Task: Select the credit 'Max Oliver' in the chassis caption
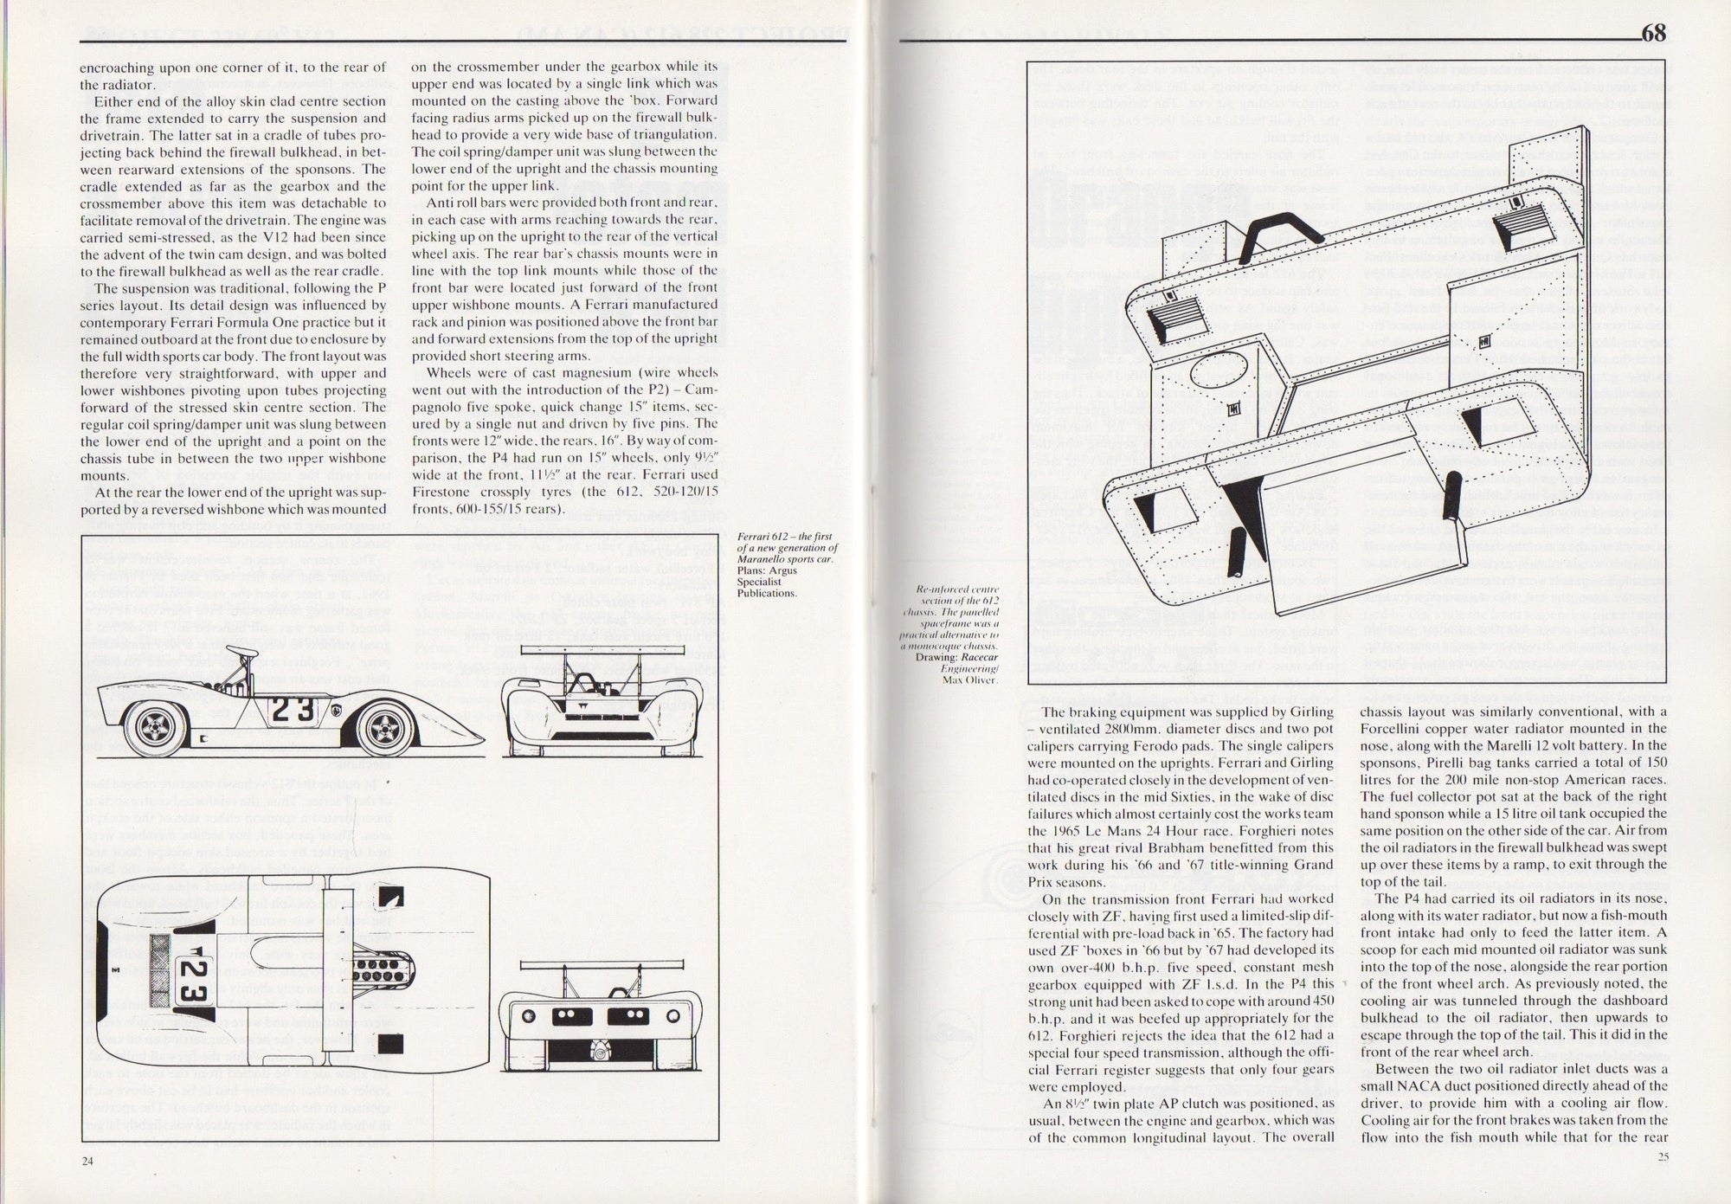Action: coord(970,679)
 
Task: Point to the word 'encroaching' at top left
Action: coord(117,68)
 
